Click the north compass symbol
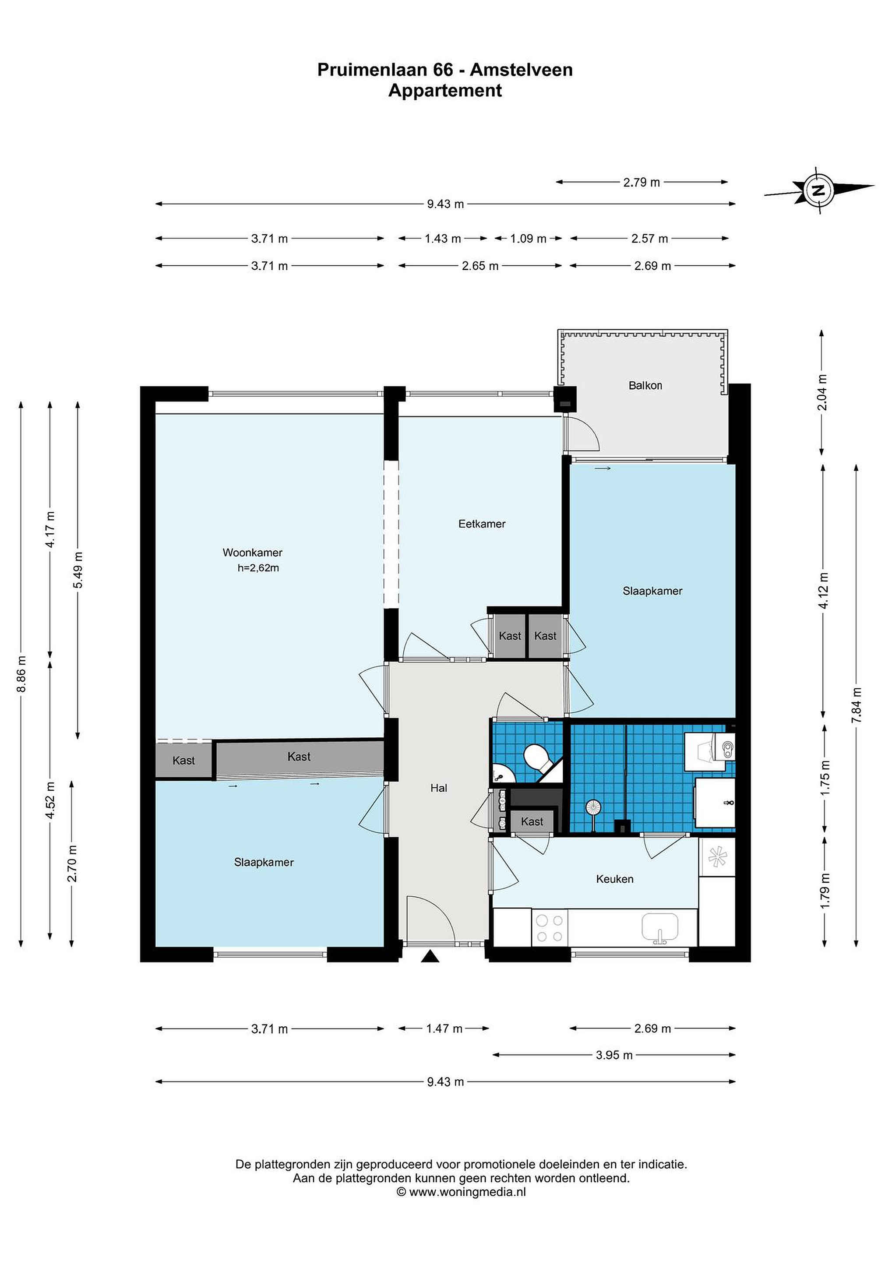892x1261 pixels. coord(819,190)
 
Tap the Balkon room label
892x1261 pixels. coord(645,386)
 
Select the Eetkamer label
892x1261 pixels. coord(482,524)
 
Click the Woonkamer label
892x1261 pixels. coord(253,553)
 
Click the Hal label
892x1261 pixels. coord(439,788)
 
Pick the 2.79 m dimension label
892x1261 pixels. coord(642,182)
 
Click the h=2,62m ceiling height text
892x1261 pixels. coord(258,568)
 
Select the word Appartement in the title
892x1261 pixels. coord(445,91)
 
